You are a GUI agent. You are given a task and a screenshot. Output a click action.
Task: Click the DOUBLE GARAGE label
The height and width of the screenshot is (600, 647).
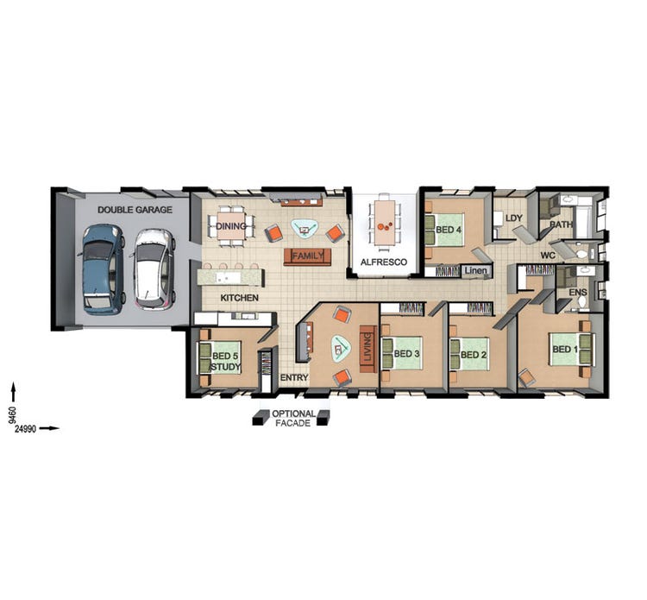pos(135,210)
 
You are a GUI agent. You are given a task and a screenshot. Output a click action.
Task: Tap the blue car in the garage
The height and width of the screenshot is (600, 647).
pos(103,269)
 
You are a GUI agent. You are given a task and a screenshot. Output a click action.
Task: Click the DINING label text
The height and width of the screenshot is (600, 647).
pos(231,227)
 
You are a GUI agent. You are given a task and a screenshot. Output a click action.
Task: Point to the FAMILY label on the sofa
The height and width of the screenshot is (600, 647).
pos(307,256)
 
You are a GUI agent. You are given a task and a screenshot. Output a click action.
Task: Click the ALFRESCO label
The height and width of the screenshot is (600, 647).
pos(382,261)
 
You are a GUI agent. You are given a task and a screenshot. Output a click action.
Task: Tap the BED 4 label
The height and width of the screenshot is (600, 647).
pos(449,230)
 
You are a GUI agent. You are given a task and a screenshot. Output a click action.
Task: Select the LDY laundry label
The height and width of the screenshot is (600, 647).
pos(514,218)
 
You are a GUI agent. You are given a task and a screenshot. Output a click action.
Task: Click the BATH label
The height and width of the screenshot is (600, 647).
pos(562,225)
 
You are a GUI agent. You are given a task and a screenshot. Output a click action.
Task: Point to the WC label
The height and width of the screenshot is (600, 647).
pos(547,256)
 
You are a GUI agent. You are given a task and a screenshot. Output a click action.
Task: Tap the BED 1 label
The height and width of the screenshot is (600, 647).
pos(564,350)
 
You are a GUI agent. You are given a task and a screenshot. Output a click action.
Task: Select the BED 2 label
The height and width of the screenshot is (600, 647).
pos(474,355)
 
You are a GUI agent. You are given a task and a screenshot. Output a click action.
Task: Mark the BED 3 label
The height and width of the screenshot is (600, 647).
pos(406,354)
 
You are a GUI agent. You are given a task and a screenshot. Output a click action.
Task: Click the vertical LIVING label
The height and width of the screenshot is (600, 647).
pos(367,347)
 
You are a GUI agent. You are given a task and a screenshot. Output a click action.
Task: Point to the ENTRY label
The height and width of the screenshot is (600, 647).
pos(293,378)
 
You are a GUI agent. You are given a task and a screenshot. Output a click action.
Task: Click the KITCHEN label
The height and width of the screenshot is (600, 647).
pos(239,298)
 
